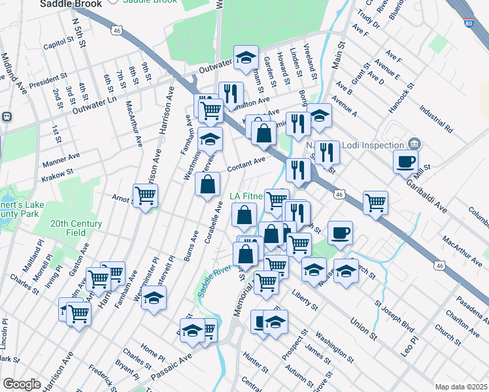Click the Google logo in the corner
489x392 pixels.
[x=22, y=384]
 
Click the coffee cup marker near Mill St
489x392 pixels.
[x=405, y=161]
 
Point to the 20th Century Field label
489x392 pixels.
[x=77, y=228]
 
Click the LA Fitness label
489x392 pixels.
[x=247, y=195]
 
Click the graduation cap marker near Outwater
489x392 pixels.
[x=246, y=57]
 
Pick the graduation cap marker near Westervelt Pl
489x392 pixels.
[x=153, y=299]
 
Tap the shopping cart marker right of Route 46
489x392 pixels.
[x=375, y=202]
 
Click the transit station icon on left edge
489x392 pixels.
[x=7, y=117]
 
